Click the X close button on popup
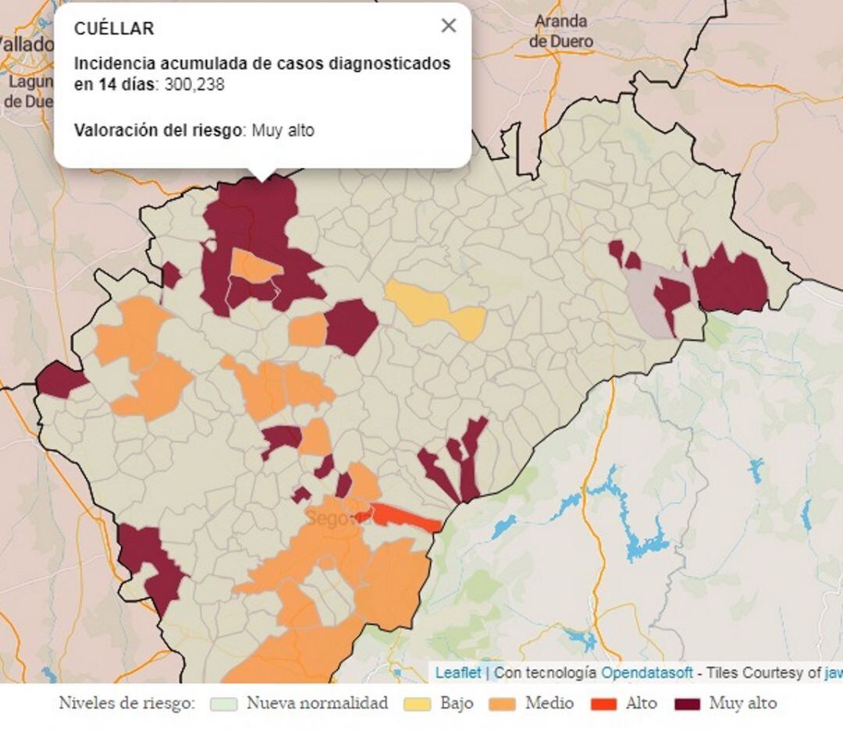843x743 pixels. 448,26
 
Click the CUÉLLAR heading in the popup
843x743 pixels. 114,29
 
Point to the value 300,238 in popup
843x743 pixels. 194,84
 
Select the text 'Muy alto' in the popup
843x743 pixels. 283,130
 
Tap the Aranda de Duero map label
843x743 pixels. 560,32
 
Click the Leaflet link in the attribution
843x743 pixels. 457,672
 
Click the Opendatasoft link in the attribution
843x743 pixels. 646,672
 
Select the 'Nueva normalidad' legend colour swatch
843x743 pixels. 224,704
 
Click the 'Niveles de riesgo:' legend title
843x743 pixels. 126,704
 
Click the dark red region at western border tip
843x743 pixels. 58,380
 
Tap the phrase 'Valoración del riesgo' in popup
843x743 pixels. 157,130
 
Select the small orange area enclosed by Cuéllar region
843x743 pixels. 254,265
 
